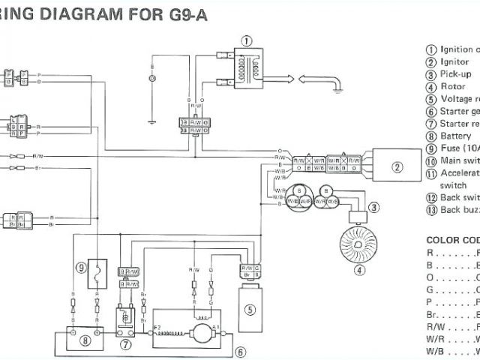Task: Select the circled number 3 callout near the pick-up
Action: click(373, 208)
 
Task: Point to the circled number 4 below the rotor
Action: click(359, 270)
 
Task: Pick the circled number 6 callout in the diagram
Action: click(240, 351)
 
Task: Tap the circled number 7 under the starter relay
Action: click(124, 346)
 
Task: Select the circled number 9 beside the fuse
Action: click(81, 266)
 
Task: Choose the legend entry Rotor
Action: click(452, 86)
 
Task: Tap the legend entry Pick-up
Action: click(455, 74)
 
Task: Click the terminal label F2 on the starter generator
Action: click(157, 328)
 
